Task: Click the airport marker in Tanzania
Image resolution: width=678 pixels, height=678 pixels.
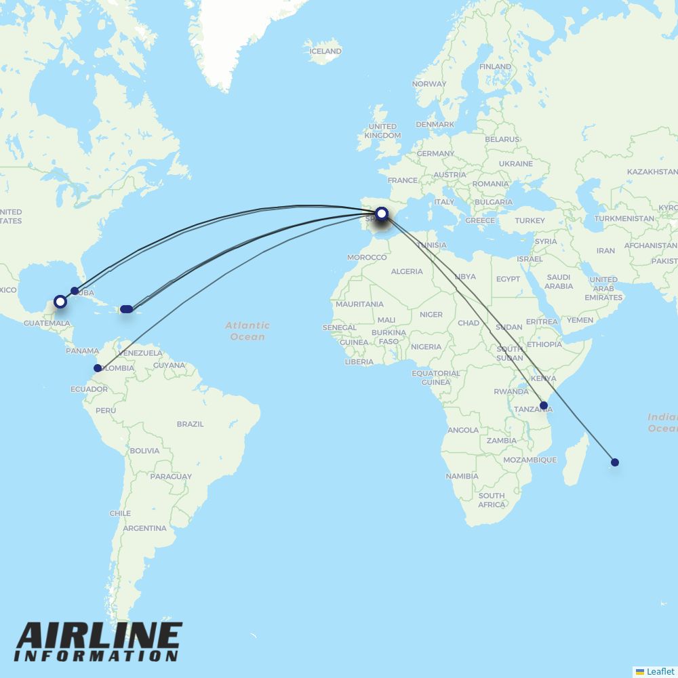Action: [543, 405]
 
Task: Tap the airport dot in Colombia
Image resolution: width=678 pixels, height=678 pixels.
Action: [98, 368]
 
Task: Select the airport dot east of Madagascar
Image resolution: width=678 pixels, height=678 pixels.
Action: [615, 462]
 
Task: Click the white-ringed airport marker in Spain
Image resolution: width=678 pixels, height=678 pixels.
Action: [382, 214]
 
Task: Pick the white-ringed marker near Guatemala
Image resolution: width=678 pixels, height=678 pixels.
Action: [60, 301]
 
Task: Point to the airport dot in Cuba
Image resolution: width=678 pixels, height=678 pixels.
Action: [75, 291]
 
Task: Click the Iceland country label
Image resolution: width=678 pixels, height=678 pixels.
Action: [325, 51]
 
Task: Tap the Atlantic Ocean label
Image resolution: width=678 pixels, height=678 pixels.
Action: [247, 331]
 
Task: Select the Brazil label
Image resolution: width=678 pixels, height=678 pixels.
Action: [190, 424]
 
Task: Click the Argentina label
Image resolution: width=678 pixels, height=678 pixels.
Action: [145, 528]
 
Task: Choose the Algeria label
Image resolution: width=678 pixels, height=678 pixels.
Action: [407, 271]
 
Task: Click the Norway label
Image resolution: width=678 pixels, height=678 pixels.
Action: [429, 84]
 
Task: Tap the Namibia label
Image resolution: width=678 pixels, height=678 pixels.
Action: [462, 476]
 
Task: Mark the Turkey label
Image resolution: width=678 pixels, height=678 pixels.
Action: [530, 220]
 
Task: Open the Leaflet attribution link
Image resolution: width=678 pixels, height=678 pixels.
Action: [660, 671]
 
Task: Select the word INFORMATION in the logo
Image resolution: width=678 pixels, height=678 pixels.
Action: [96, 656]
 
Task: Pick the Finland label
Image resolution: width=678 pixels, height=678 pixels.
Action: [495, 66]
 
